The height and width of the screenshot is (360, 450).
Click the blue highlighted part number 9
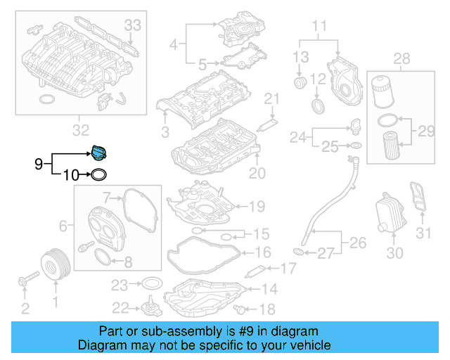[x=98, y=153]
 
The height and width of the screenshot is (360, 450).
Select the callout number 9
[x=39, y=164]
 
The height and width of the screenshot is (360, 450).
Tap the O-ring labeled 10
[x=100, y=174]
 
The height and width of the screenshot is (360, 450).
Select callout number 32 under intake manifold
[x=81, y=130]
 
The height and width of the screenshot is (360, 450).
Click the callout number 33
[x=133, y=25]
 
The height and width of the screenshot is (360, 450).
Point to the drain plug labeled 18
[x=243, y=309]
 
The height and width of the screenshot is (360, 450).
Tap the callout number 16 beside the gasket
[x=262, y=251]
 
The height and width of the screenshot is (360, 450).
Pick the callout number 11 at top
[x=320, y=27]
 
